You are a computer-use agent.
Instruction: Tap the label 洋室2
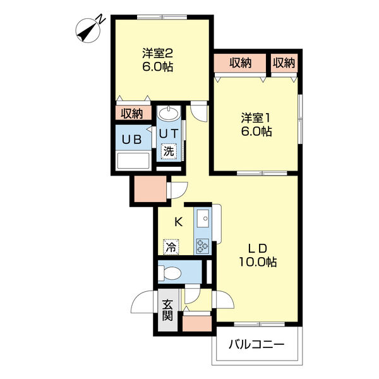point(157,54)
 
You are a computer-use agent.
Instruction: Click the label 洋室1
point(256,118)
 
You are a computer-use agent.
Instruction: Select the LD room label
point(258,248)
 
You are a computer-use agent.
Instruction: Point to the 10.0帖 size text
point(258,262)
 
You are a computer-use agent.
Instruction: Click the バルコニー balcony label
point(256,345)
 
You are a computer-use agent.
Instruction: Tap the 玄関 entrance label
point(167,310)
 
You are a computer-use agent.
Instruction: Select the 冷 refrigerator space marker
point(171,247)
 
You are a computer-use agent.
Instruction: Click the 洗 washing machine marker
point(169,152)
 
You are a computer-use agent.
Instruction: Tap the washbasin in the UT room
point(169,113)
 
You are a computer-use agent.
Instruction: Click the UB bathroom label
point(131,140)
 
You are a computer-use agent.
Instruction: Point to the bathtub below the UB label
point(133,160)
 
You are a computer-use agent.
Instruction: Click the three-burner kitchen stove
point(202,246)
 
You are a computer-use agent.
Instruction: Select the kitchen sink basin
point(203,219)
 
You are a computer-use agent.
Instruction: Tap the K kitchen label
point(178,222)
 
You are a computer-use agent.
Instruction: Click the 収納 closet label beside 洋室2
point(132,113)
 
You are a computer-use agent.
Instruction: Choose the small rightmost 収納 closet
point(284,63)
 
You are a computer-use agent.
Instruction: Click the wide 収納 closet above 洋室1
point(240,63)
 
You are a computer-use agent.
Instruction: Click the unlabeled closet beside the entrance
point(197,323)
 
